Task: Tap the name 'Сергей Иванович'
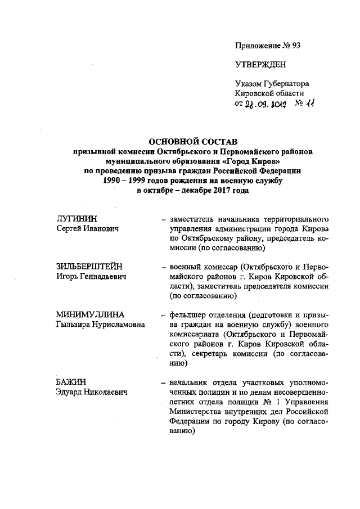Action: [x=83, y=229]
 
